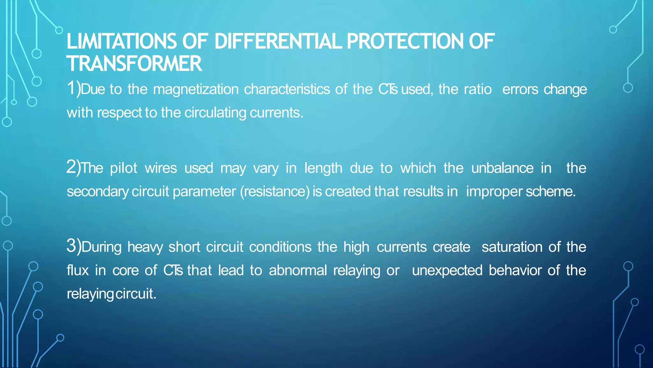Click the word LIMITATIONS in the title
click(121, 42)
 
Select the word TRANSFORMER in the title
click(134, 63)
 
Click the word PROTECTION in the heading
click(405, 42)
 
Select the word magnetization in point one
click(196, 89)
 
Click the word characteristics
click(287, 89)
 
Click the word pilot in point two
click(123, 168)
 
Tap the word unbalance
click(502, 168)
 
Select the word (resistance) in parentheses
click(275, 192)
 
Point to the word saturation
click(512, 247)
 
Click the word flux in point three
click(77, 270)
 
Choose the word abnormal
click(298, 270)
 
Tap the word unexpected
click(447, 271)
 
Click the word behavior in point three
click(515, 270)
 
